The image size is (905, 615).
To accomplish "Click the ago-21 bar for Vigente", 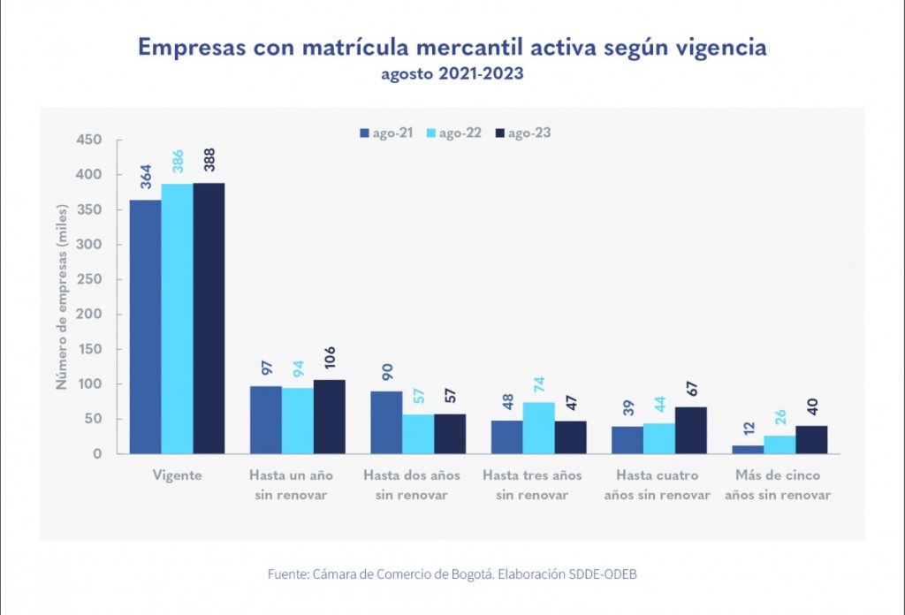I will point(146,327).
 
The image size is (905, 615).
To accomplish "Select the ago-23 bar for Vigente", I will point(209,318).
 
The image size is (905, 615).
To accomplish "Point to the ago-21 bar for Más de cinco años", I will point(748,450).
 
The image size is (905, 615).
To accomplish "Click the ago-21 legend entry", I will point(386,133).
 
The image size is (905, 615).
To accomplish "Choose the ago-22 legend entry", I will point(454,133).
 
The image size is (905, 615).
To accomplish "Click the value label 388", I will point(210,165).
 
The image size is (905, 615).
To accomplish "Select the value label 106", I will point(330,362).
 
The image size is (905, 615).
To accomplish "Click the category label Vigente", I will point(178,475).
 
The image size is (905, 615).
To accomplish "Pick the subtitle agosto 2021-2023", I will point(452,74).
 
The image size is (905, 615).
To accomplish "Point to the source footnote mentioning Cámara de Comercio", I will point(452,574).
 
